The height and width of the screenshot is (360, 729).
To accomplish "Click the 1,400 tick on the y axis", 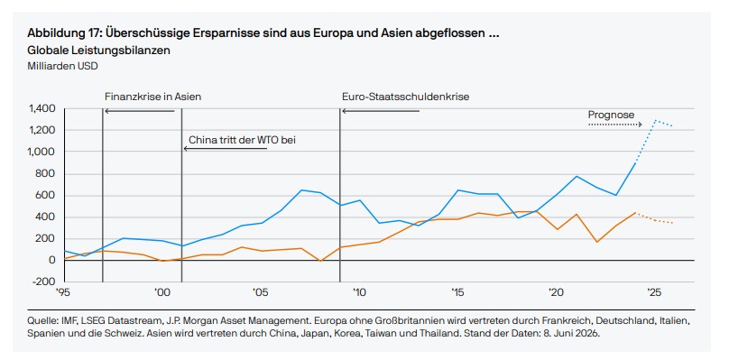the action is click(42, 109).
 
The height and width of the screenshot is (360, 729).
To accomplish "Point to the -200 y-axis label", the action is click(44, 282).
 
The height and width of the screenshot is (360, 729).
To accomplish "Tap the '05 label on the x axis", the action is click(261, 292).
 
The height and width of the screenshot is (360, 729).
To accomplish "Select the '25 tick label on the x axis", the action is click(655, 292).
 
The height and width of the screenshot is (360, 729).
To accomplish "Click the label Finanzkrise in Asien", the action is click(153, 97).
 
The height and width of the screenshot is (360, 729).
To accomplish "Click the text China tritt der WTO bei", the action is click(242, 140).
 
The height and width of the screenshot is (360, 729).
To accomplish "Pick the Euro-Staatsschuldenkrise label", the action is click(405, 97).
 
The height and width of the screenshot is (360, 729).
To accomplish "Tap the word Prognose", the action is click(611, 115).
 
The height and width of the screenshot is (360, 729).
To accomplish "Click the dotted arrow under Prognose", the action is click(614, 125).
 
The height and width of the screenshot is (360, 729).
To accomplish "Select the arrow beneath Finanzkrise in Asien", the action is click(140, 111).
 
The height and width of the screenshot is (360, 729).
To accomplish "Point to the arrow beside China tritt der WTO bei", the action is click(226, 149).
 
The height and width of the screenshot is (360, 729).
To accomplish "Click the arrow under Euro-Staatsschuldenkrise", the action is click(381, 111).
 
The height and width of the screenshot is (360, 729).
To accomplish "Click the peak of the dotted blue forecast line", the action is click(655, 120).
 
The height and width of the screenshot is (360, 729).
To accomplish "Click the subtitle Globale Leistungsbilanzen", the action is click(98, 51).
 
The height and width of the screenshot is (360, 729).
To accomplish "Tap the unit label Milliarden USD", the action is click(63, 66).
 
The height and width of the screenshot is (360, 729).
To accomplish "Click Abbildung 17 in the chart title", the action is click(64, 34).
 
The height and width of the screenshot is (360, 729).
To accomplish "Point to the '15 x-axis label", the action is click(457, 292).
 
